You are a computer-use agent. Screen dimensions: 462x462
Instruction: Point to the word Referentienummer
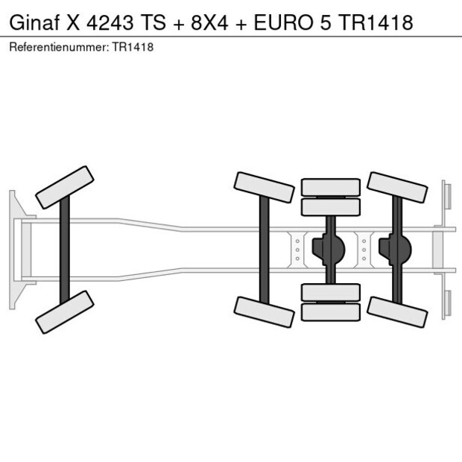pos(58,47)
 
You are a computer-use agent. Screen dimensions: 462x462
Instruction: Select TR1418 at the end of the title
pos(376,22)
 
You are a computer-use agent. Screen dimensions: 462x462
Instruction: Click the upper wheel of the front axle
pos(65,187)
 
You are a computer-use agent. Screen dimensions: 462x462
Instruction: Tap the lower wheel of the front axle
pos(65,311)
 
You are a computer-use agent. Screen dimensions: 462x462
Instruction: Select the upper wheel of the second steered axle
pos(264,187)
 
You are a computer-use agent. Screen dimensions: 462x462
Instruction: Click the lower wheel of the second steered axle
pos(264,311)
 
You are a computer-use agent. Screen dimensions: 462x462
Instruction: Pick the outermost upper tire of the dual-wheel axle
pos(330,186)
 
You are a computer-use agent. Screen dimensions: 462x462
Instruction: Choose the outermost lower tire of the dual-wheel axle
pos(330,312)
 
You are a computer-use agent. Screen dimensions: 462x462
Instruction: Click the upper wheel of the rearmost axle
pos(397,187)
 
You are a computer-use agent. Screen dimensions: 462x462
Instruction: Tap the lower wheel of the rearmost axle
pos(397,311)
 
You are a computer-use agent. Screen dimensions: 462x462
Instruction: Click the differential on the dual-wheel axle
pos(329,250)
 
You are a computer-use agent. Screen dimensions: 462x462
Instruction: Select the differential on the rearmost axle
pos(396,250)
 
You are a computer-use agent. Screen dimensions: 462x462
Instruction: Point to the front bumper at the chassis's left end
pos(13,250)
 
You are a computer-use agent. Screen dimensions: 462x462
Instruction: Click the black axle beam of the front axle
pos(65,250)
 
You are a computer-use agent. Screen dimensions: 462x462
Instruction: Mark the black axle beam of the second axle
pos(264,250)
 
